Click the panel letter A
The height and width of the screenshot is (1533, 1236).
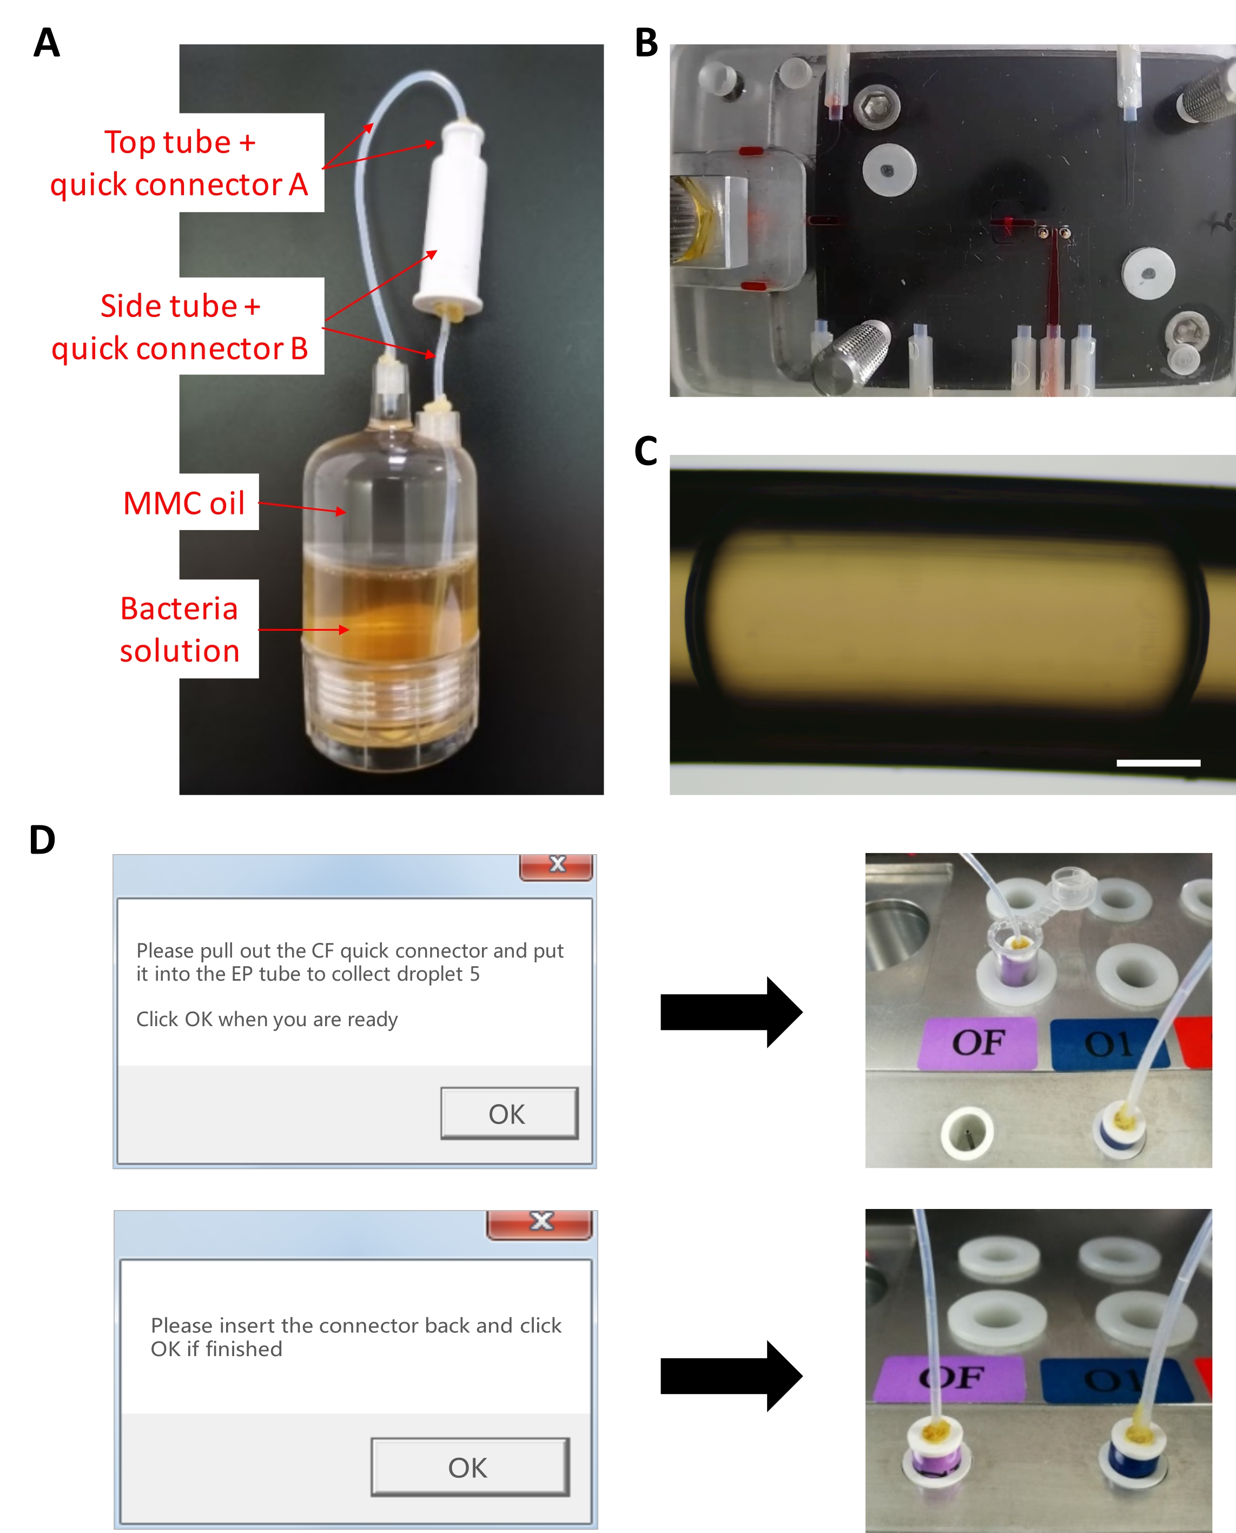point(47,43)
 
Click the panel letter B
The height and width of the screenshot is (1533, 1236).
point(646,43)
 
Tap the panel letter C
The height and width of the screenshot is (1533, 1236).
point(646,451)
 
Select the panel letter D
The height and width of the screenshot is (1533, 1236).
point(42,840)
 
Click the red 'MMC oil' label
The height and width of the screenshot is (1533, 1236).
point(184,504)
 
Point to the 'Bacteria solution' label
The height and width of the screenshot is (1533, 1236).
point(180,630)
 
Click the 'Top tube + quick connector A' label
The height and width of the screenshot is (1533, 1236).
point(180,163)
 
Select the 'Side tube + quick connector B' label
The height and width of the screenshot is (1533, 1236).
point(180,327)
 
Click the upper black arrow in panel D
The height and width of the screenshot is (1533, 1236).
point(730,1012)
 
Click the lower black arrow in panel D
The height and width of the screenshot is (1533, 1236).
point(730,1376)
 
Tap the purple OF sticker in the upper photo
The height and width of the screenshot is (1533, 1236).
point(977,1043)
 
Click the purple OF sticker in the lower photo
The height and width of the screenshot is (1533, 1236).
point(949,1378)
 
